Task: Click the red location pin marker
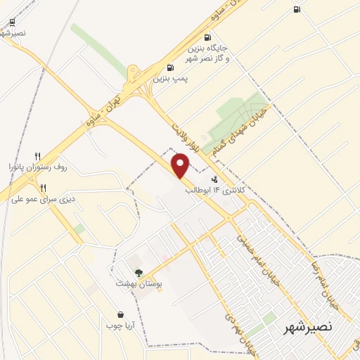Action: [x=181, y=166]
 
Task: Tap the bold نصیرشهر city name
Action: [x=307, y=328]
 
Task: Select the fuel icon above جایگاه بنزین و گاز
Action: [x=207, y=38]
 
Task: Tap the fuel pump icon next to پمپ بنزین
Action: [x=169, y=69]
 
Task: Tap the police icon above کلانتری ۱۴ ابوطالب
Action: [x=214, y=179]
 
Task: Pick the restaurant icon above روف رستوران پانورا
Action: [x=38, y=155]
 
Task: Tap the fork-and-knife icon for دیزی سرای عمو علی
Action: [x=43, y=187]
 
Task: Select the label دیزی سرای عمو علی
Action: [x=43, y=199]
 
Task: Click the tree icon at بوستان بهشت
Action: [x=138, y=273]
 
